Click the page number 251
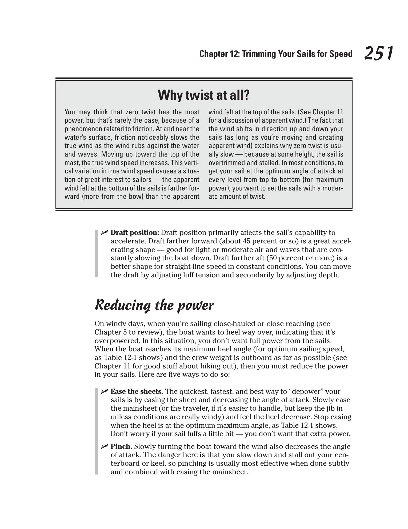[378, 53]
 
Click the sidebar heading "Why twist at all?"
[204, 95]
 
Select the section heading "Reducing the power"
[154, 305]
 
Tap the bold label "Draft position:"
[135, 233]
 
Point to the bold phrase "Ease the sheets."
[137, 392]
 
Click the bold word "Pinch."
[121, 447]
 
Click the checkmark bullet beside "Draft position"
[104, 232]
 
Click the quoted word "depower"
[306, 392]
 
